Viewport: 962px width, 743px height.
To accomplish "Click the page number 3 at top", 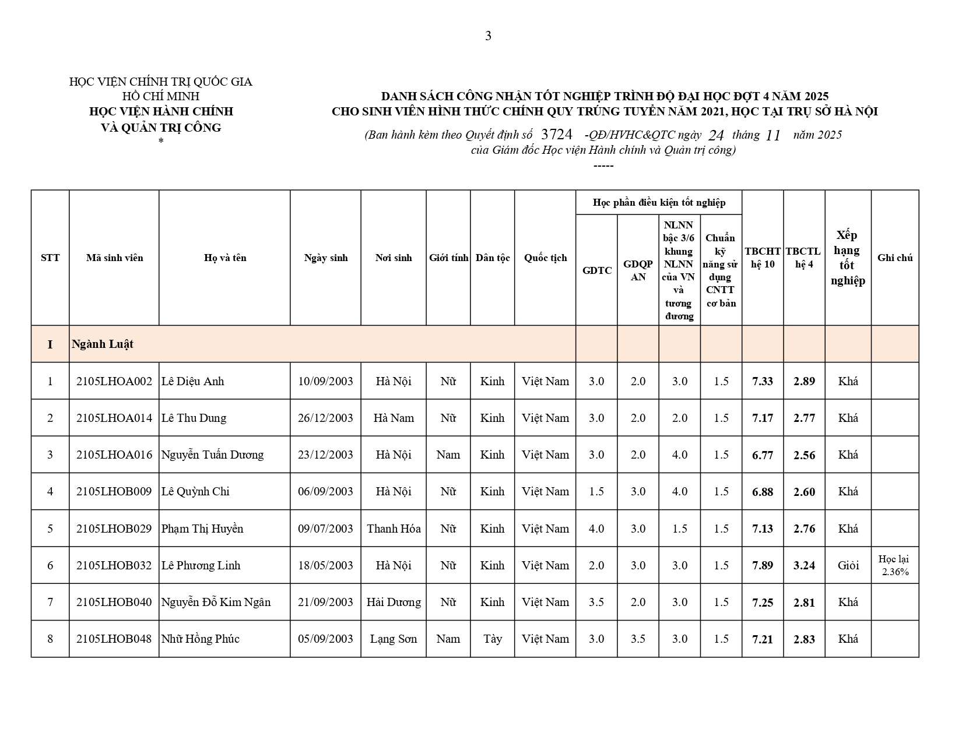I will [x=488, y=36].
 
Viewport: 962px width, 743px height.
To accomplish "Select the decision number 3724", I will [x=557, y=134].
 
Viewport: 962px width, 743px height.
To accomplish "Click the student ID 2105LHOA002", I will [x=114, y=381].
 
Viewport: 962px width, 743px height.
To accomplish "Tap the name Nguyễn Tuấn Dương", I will [x=212, y=455].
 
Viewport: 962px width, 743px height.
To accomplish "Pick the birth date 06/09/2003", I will [x=325, y=491].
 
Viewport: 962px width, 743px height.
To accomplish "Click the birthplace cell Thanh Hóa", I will [x=394, y=529].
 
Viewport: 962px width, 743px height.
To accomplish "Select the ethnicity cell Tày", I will [x=492, y=639].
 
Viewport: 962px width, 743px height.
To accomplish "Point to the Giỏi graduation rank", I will [x=848, y=565].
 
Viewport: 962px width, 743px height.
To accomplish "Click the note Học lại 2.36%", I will [x=894, y=565].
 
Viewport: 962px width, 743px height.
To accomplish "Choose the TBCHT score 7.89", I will [x=763, y=565].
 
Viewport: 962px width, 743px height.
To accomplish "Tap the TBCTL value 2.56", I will [x=804, y=455].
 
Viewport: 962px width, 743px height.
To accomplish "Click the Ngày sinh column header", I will [x=325, y=258].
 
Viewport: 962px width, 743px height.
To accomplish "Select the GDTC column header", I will [x=596, y=270].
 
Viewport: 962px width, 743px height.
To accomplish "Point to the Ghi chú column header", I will [x=894, y=258].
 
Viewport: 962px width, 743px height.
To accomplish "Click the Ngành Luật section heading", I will [x=103, y=344].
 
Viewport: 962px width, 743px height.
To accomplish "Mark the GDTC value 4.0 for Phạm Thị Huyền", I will [x=596, y=529].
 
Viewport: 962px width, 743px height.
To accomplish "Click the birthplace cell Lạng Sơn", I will [x=394, y=639].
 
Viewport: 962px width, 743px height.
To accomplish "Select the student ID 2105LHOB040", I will [x=114, y=602].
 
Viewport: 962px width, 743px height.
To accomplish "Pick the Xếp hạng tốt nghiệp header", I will [x=848, y=258].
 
